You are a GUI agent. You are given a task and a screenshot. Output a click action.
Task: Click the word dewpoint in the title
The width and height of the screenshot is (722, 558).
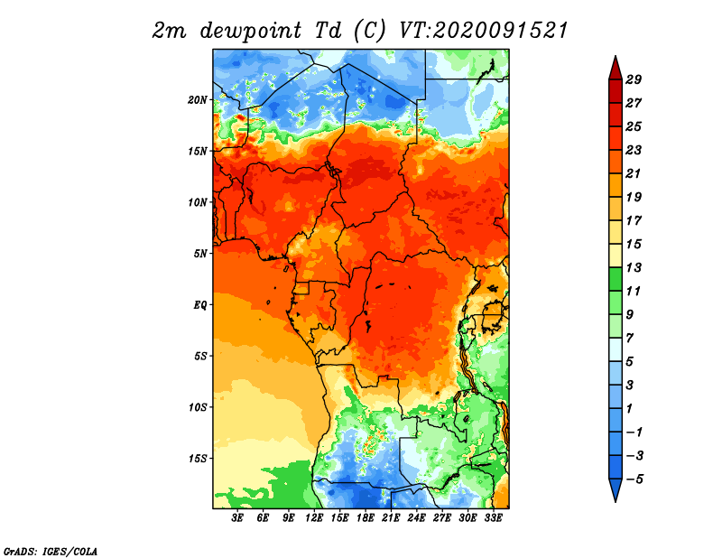point(251,31)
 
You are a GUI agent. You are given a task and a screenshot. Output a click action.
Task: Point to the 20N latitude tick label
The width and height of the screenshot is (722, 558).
point(198,100)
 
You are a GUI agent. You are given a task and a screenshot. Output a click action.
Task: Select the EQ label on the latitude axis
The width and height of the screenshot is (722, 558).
point(200,305)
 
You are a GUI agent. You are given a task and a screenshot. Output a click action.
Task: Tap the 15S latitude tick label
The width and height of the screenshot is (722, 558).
point(198,459)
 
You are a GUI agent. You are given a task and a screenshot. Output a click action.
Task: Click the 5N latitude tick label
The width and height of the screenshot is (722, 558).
point(200,254)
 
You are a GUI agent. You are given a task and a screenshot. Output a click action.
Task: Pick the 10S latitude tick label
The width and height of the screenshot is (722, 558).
point(198,407)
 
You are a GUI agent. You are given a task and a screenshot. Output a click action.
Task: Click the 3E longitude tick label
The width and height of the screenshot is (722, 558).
point(237,517)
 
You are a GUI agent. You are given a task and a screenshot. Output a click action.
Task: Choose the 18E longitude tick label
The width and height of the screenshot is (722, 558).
point(366,517)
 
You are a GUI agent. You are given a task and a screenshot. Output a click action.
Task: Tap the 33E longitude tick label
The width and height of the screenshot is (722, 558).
point(493,517)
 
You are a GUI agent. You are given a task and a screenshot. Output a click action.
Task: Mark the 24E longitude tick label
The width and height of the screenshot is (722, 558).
point(416,517)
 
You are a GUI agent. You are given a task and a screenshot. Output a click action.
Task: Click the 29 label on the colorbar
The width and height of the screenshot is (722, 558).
point(634,79)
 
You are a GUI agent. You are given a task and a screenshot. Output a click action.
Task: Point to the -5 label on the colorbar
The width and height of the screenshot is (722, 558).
point(634,479)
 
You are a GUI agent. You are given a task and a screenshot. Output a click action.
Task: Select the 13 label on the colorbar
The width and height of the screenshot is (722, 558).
point(634,267)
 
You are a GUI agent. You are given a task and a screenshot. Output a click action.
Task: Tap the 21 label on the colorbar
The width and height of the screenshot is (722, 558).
point(634,173)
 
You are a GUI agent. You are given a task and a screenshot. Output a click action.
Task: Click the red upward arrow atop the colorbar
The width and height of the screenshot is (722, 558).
point(616,69)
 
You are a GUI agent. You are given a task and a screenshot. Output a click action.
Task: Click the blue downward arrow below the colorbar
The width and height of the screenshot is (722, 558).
point(616,489)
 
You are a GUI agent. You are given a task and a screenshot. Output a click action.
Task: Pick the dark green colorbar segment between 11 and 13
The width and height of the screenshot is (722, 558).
point(616,279)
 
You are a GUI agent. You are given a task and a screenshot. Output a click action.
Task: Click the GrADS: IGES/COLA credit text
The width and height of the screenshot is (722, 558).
point(51,551)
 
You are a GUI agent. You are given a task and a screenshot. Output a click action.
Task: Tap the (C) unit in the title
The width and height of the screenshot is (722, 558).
point(368,31)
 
